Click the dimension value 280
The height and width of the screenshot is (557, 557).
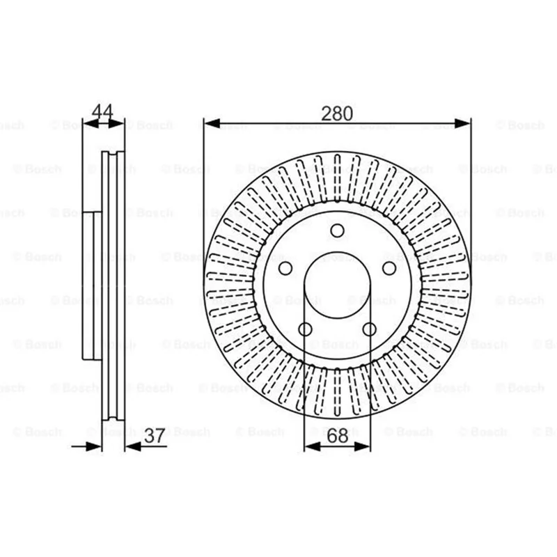click(337, 113)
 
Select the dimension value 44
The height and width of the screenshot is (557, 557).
click(102, 111)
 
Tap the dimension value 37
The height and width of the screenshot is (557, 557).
click(155, 436)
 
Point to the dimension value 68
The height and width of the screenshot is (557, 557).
click(338, 436)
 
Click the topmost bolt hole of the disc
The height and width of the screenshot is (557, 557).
click(338, 230)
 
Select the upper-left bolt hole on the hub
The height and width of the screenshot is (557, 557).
click(285, 268)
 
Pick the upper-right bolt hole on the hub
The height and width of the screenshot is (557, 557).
click(389, 268)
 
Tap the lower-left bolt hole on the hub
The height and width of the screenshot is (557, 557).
click(306, 329)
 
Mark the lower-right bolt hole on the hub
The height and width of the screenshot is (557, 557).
click(370, 329)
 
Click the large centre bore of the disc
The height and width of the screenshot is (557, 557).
click(338, 285)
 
